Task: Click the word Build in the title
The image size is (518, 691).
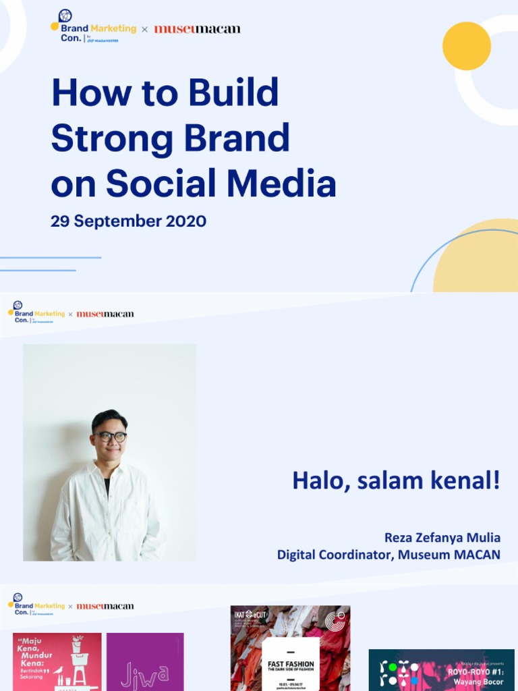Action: pyautogui.click(x=233, y=92)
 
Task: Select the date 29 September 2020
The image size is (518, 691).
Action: pyautogui.click(x=128, y=221)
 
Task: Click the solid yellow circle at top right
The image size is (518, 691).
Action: pyautogui.click(x=466, y=46)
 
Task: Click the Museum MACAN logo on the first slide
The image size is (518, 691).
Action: pyautogui.click(x=197, y=29)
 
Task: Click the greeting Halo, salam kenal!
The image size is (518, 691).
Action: pyautogui.click(x=396, y=480)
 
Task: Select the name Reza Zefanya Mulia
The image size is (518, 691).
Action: pyautogui.click(x=442, y=538)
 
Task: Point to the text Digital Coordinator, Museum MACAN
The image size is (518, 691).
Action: pyautogui.click(x=388, y=555)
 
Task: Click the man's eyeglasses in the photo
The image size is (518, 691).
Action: pyautogui.click(x=111, y=437)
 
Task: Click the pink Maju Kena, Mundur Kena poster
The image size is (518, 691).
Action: pyautogui.click(x=57, y=661)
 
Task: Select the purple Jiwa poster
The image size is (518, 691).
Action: pyautogui.click(x=145, y=661)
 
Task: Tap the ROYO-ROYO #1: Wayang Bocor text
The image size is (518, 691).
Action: pyautogui.click(x=476, y=675)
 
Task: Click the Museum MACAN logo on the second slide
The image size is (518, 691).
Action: pyautogui.click(x=105, y=314)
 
